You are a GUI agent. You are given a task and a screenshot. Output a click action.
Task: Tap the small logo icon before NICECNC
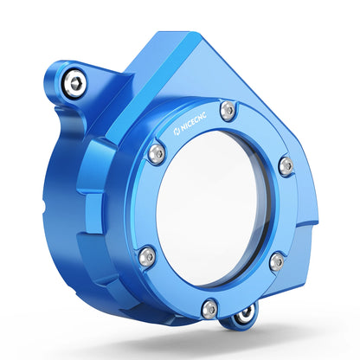[177, 132]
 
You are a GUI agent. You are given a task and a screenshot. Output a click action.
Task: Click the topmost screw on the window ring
[228, 110]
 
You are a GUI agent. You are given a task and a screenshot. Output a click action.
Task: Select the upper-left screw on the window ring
[157, 153]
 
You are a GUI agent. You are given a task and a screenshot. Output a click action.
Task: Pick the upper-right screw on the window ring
[286, 166]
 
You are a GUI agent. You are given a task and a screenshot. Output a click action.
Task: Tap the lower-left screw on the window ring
[147, 256]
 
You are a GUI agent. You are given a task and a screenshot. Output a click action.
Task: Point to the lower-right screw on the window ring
[277, 261]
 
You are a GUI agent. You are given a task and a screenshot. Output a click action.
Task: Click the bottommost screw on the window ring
[209, 309]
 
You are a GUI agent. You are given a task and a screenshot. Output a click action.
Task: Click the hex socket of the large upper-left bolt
[75, 83]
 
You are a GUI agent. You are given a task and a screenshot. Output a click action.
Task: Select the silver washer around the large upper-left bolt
[74, 83]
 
